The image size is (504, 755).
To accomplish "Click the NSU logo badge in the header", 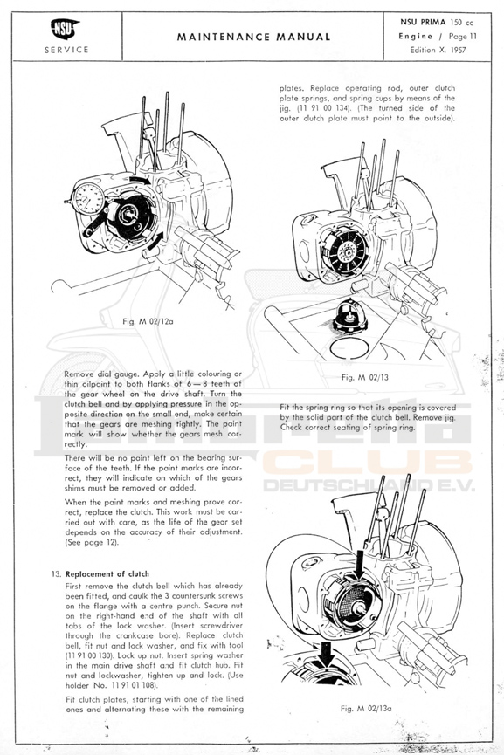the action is [65, 29].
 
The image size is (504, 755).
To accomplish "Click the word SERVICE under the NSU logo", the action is [66, 50].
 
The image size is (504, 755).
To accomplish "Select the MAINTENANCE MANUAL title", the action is [253, 37].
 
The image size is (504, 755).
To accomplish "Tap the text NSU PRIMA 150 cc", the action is [437, 23].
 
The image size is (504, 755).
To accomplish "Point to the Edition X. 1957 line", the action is [438, 50].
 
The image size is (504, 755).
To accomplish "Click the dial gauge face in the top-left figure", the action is [88, 198].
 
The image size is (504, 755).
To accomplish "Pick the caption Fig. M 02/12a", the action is [148, 321].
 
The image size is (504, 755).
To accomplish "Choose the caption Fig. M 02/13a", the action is [366, 708].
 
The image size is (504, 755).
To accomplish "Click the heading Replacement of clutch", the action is [107, 574].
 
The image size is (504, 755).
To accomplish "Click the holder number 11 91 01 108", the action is [133, 686].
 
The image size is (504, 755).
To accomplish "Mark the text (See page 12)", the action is [92, 543].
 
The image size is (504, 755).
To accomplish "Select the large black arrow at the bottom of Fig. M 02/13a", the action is [326, 653].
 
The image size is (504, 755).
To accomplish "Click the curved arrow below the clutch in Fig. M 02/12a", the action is [156, 241].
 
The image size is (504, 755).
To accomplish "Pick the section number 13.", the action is [57, 574].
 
